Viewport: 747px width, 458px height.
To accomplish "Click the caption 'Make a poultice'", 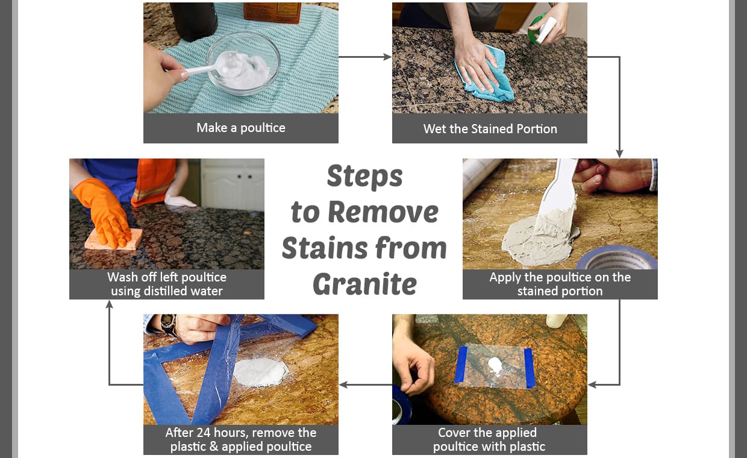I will (x=240, y=128).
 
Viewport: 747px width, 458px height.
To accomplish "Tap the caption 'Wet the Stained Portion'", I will (x=490, y=129).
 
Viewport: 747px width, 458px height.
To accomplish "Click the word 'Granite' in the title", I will (x=364, y=284).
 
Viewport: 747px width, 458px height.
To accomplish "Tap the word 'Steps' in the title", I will (x=364, y=177).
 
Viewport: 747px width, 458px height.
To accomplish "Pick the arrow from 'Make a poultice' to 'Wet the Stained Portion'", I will (x=365, y=57).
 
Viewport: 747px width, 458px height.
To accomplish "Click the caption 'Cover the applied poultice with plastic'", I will (x=489, y=439).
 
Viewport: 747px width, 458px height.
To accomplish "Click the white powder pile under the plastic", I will (x=260, y=371).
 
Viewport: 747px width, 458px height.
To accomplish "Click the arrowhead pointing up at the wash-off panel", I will (x=109, y=305).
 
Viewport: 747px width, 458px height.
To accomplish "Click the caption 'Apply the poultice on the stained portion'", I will (x=560, y=284).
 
